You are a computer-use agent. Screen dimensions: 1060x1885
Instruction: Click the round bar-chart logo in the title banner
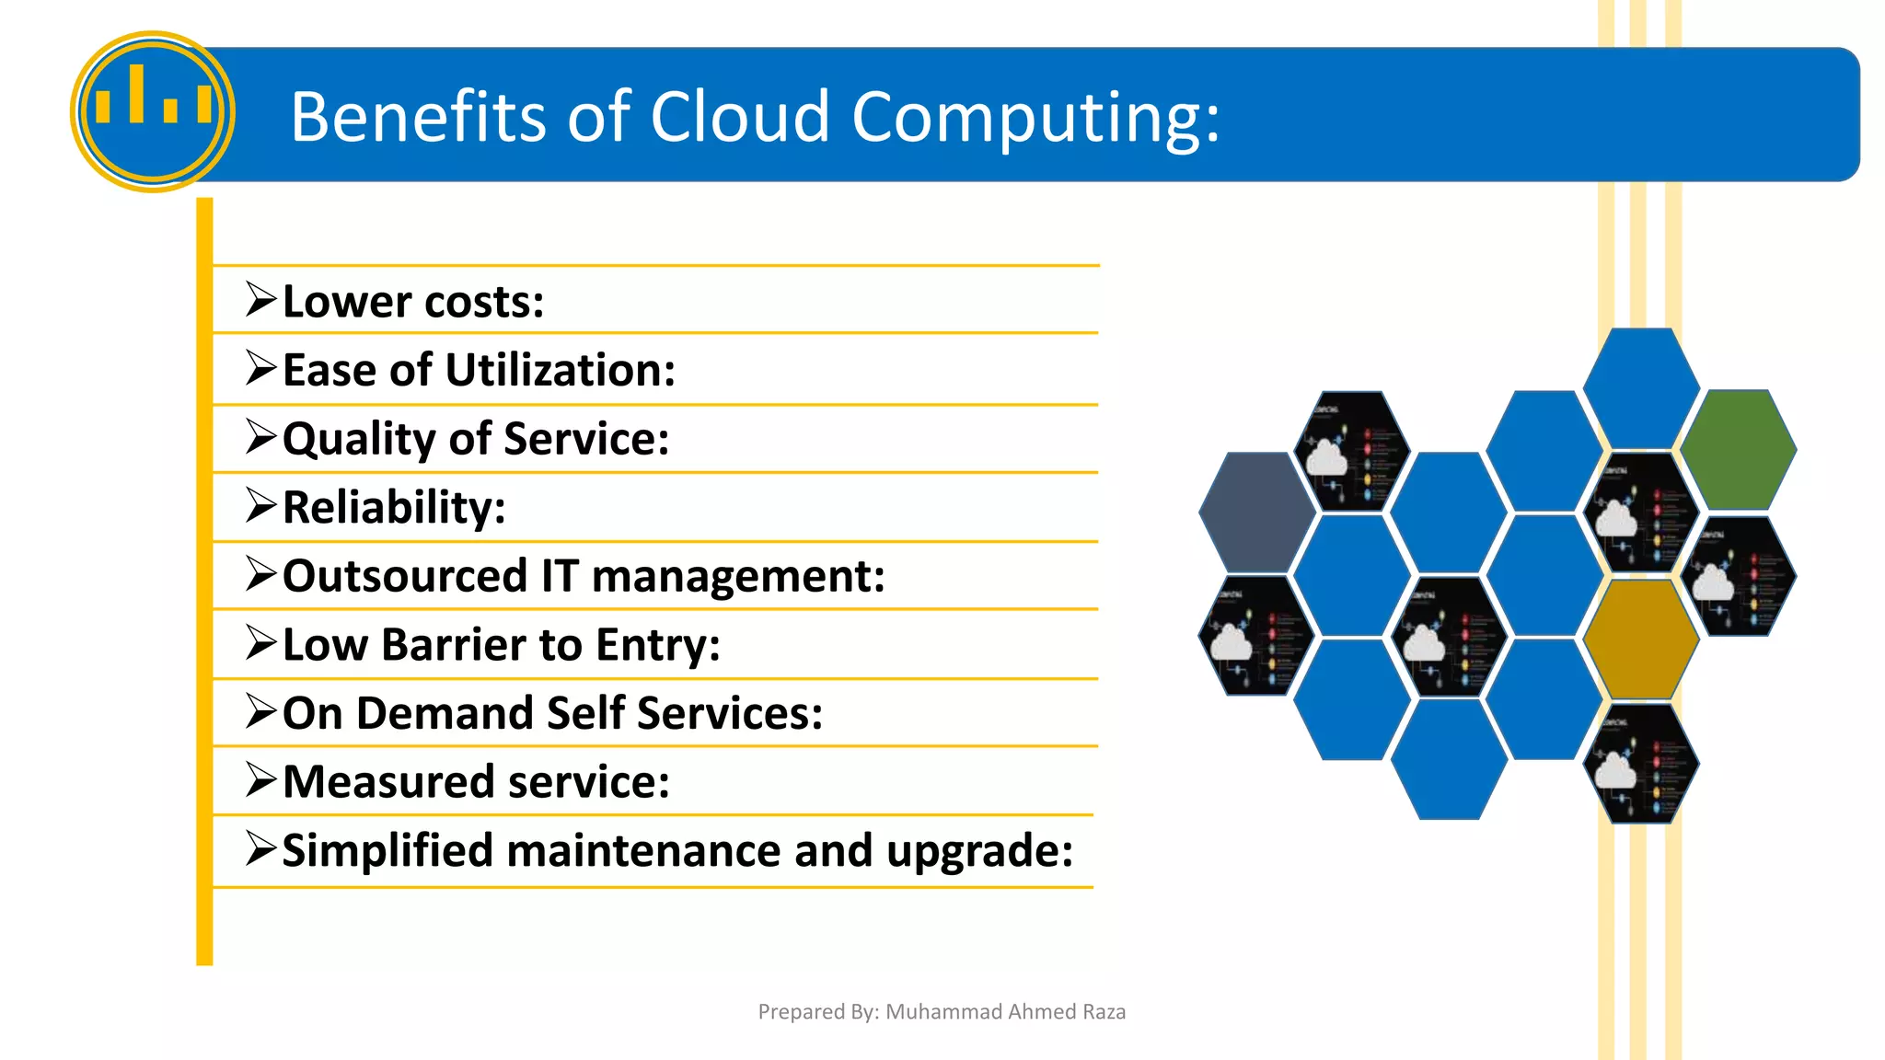(x=153, y=111)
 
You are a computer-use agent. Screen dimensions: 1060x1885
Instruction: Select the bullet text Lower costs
(x=412, y=302)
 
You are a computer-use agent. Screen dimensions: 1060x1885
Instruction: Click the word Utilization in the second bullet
(x=560, y=370)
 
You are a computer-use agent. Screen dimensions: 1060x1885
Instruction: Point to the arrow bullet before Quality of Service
(x=261, y=437)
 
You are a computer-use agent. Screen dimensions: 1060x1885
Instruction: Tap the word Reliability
(x=394, y=507)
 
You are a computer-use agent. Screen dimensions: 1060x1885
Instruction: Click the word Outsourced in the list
(x=404, y=576)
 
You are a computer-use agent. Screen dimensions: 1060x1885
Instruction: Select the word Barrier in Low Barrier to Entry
(x=454, y=644)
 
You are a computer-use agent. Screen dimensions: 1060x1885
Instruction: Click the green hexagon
(x=1738, y=449)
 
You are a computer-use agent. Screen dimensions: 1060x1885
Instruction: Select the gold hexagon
(x=1641, y=638)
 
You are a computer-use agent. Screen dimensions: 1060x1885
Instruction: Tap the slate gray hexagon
(x=1256, y=512)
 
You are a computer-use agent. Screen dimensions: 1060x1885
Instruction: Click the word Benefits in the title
(x=419, y=117)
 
